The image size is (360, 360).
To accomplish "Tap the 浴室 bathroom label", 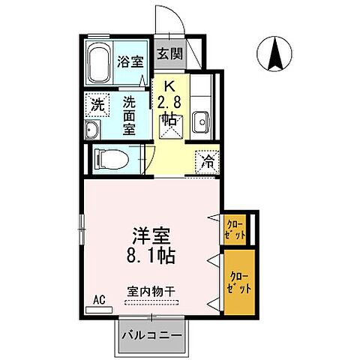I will point(130,62).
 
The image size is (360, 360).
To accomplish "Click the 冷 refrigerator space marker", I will point(208,160).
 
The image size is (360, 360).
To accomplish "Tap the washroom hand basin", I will point(92,133).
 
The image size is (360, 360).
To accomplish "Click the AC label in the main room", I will point(97,298).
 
